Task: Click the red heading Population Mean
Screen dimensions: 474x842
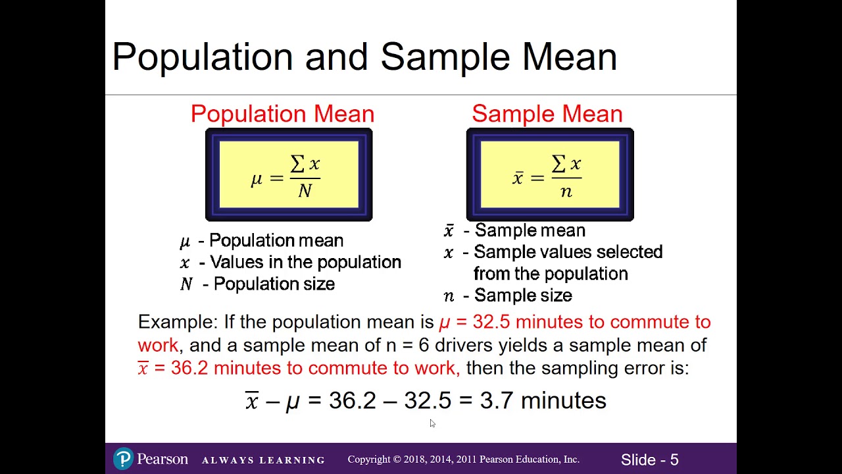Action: (282, 114)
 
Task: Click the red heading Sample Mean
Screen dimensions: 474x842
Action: (547, 114)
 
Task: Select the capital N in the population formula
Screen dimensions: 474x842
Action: (305, 191)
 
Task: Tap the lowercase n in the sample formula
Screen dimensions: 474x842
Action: (566, 192)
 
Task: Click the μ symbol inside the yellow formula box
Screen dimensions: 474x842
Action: (257, 178)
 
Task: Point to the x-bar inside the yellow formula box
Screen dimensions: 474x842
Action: (518, 178)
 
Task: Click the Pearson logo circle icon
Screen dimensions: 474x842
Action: (124, 459)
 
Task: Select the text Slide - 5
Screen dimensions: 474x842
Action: (649, 460)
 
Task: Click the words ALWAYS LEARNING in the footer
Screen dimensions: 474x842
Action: (263, 460)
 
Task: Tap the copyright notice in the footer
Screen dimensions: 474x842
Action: (463, 460)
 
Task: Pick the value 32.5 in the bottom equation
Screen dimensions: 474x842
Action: (428, 400)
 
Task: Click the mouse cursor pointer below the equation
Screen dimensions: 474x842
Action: (432, 423)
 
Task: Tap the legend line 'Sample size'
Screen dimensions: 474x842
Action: (523, 296)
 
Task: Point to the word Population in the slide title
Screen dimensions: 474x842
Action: (203, 57)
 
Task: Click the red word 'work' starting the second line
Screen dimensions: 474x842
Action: (158, 345)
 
